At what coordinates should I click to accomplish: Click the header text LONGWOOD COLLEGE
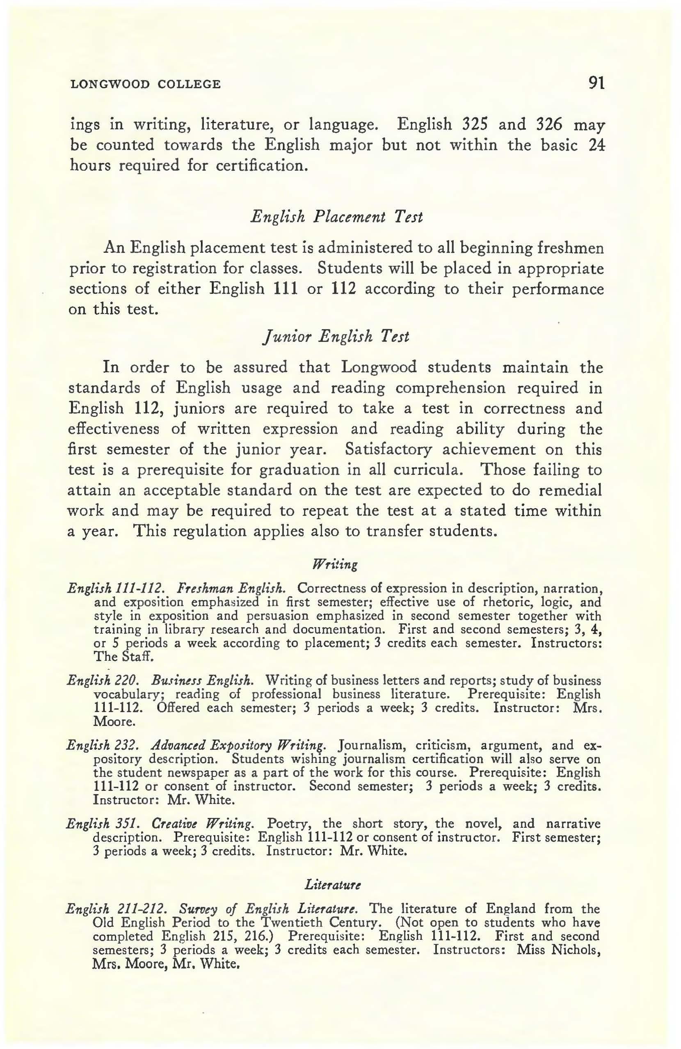point(145,84)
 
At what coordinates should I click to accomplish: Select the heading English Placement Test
point(336,216)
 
